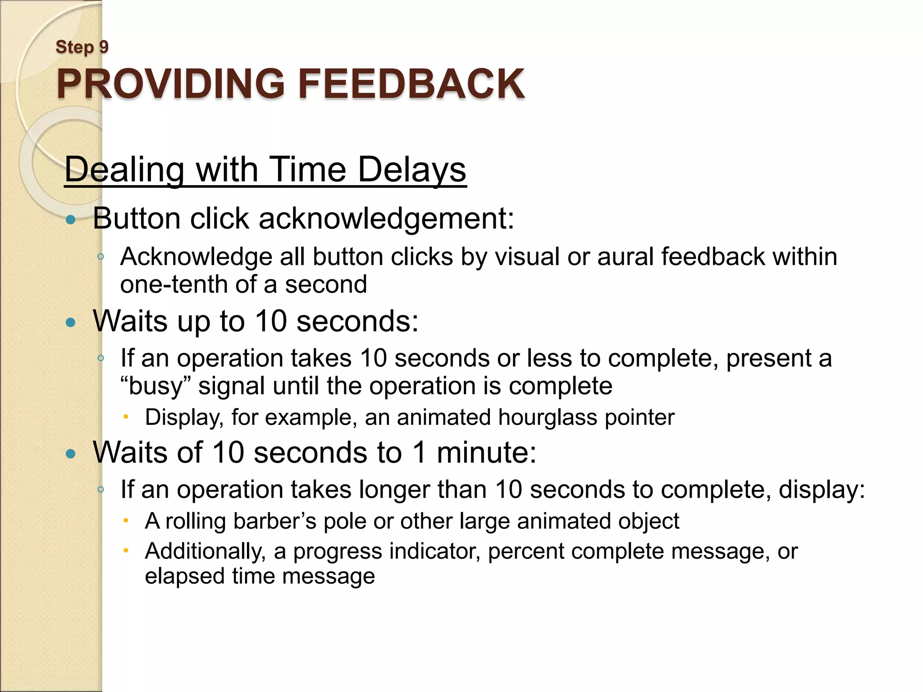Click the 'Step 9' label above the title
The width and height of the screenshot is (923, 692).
(82, 47)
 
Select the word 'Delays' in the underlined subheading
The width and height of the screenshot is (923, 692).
(412, 170)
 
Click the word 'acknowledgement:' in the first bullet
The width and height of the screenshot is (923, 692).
(386, 219)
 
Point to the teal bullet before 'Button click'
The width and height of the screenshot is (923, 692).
(70, 220)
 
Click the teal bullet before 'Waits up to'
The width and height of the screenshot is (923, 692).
(70, 322)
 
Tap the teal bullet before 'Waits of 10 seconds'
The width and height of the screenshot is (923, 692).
(70, 454)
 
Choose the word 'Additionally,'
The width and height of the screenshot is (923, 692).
(205, 551)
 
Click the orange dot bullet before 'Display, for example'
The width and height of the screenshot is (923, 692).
(127, 417)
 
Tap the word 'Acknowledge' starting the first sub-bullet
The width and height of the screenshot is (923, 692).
(196, 257)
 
